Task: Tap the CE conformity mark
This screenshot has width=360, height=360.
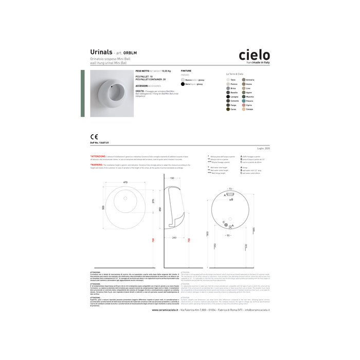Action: tap(94, 137)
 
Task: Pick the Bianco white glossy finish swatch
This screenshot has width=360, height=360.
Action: tap(183, 80)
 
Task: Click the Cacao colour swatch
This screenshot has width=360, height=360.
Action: tap(227, 109)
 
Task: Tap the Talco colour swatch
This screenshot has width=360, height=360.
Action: tap(227, 80)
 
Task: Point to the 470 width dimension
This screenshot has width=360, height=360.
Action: tap(124, 183)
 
